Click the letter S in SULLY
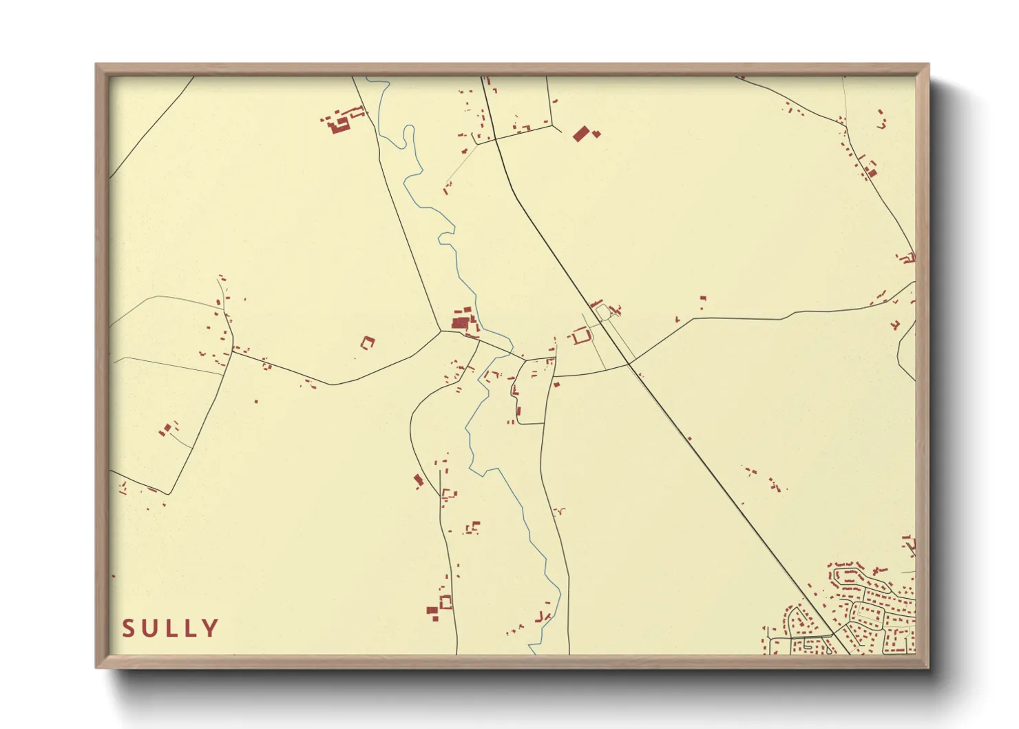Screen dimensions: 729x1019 click(x=128, y=628)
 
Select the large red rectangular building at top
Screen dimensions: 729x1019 click(x=581, y=133)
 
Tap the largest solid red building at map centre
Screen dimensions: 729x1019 click(x=460, y=322)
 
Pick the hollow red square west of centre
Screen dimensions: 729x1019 click(x=368, y=341)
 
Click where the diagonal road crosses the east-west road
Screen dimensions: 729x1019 click(x=629, y=362)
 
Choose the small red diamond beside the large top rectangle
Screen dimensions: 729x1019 click(x=596, y=134)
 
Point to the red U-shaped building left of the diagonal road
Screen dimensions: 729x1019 click(x=580, y=336)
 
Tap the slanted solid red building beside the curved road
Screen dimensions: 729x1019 click(x=418, y=480)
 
